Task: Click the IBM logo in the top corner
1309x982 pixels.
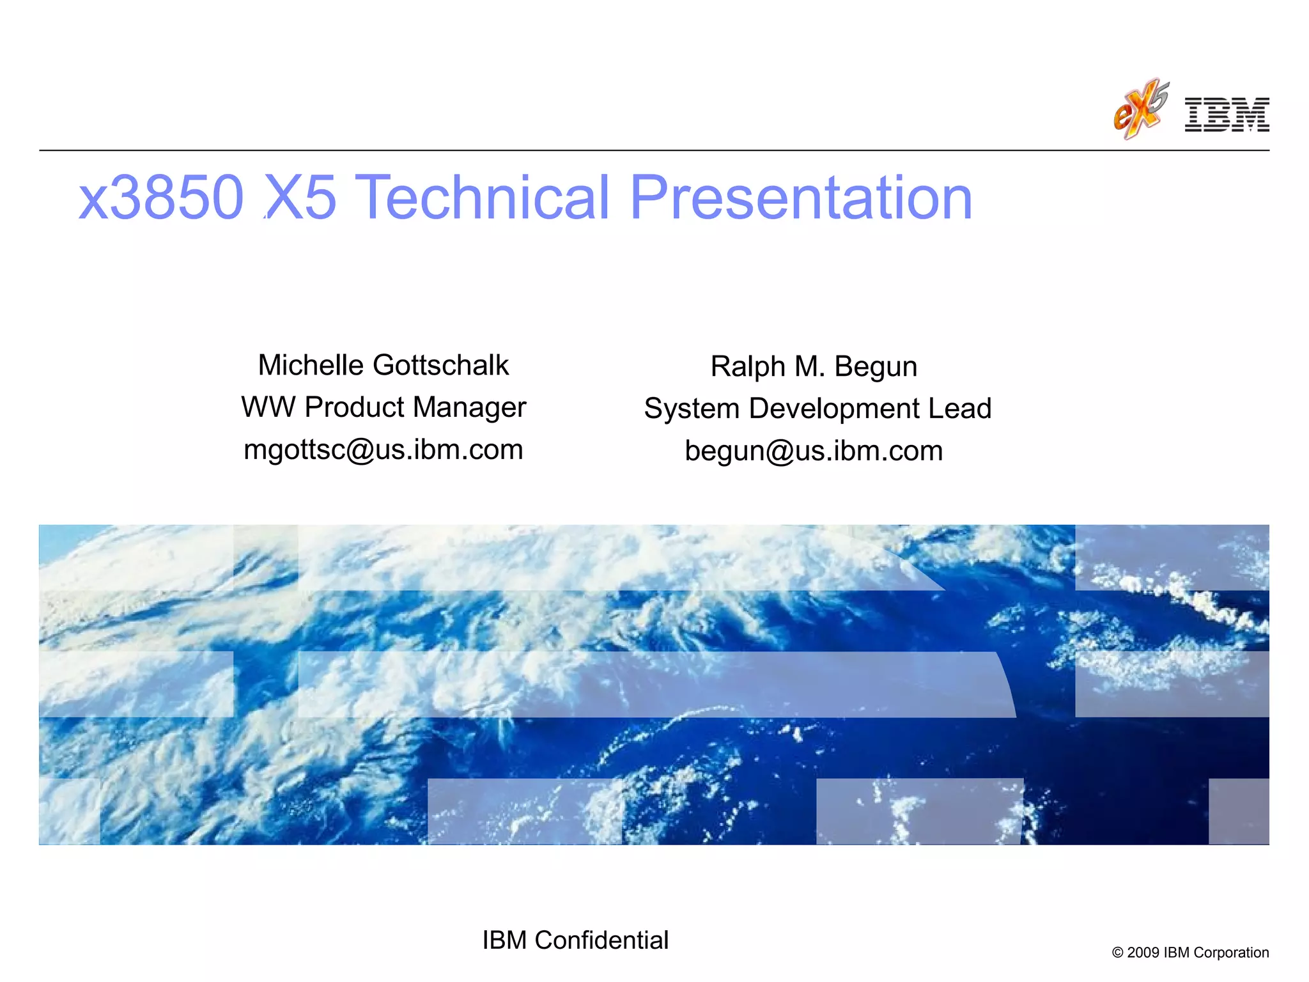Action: point(1227,115)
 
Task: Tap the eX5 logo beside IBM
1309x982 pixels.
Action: point(1141,109)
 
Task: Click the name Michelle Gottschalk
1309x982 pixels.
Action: point(383,366)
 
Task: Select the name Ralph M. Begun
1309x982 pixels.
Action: point(814,367)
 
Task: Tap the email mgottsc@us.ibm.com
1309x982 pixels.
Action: point(383,449)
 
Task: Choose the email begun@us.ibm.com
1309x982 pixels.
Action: point(814,451)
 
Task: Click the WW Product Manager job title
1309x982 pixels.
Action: point(383,407)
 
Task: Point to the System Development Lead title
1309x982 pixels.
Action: point(817,409)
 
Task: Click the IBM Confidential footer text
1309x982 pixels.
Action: point(575,940)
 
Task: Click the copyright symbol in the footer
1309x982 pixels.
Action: point(1118,953)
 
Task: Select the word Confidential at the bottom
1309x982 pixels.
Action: point(601,940)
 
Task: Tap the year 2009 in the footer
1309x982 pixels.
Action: point(1143,953)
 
